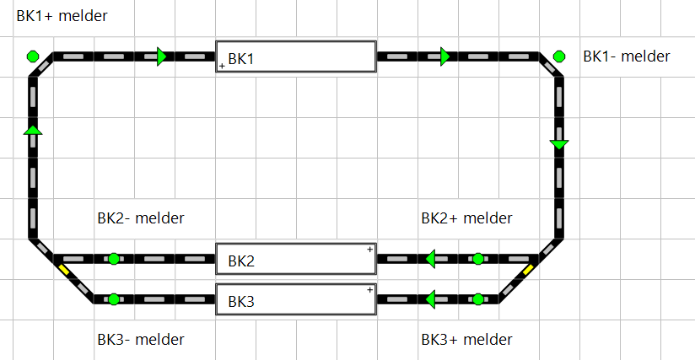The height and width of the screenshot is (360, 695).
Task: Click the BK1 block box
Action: click(x=295, y=57)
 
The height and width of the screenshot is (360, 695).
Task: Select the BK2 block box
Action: click(x=295, y=260)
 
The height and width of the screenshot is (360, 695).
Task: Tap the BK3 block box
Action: click(x=295, y=299)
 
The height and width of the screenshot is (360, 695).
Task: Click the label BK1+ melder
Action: click(x=62, y=16)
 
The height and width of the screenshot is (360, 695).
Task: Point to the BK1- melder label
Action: click(x=626, y=56)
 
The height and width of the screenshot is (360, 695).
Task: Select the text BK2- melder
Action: click(x=141, y=218)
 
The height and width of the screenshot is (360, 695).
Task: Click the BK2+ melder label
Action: click(x=466, y=218)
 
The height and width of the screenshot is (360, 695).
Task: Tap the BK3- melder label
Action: click(x=141, y=340)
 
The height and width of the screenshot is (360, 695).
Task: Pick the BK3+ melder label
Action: click(x=466, y=340)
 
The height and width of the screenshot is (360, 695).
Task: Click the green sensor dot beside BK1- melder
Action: click(x=559, y=56)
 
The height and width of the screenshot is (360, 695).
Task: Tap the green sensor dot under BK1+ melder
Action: click(x=32, y=56)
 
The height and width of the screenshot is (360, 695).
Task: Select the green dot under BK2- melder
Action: click(x=114, y=259)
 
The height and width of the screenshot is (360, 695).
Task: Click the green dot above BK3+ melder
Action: click(x=478, y=298)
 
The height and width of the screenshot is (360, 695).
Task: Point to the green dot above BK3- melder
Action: click(x=114, y=298)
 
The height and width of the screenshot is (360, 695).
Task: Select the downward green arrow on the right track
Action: click(x=559, y=146)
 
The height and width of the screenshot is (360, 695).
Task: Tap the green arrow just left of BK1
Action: click(x=162, y=56)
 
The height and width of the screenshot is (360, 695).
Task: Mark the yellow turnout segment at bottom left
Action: click(x=64, y=270)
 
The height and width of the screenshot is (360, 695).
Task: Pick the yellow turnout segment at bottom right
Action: click(x=528, y=270)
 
